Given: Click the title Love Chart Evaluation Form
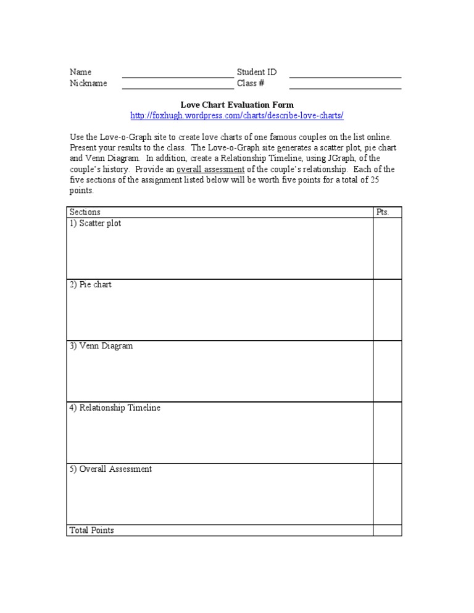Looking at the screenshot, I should (x=237, y=105).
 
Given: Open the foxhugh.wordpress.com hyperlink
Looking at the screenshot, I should (x=237, y=115).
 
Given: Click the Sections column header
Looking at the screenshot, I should (x=85, y=212).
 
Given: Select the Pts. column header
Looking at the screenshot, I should (x=383, y=212).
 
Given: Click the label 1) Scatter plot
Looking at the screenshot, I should (x=95, y=223).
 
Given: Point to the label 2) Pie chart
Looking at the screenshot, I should (x=90, y=285).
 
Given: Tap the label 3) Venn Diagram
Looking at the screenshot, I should (x=101, y=346).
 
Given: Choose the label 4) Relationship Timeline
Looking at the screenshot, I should (x=115, y=408).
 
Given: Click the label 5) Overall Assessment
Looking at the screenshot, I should (x=110, y=469).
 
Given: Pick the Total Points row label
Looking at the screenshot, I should (x=91, y=530).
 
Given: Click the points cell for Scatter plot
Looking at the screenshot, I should (x=387, y=248).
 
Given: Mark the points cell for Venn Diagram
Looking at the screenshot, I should (x=387, y=371).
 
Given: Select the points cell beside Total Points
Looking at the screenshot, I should (x=387, y=530).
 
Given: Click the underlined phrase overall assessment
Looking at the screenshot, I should (x=210, y=170).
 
